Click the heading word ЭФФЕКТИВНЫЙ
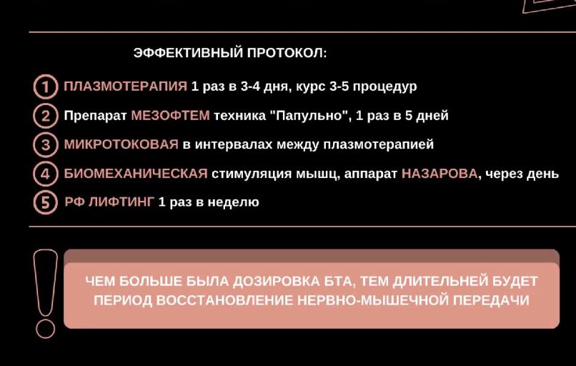click(189, 53)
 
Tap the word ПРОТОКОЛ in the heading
click(285, 53)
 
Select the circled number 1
click(46, 86)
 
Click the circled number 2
click(46, 116)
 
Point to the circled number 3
click(46, 145)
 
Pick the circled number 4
click(46, 174)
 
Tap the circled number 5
click(46, 202)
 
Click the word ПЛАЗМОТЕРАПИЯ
click(126, 86)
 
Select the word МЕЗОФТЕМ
click(171, 115)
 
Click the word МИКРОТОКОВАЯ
click(121, 144)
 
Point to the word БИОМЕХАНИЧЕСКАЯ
click(136, 174)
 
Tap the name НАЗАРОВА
click(440, 174)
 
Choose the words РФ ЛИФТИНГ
click(109, 202)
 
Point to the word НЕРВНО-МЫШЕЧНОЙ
click(373, 300)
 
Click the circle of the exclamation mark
click(45, 329)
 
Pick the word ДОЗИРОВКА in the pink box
click(277, 282)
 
